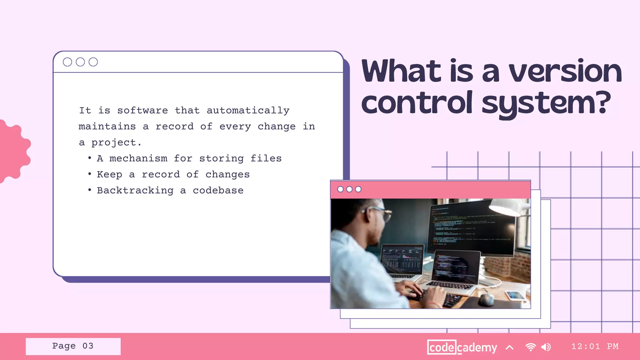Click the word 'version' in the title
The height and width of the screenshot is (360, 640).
565,72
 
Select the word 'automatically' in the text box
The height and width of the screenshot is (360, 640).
248,111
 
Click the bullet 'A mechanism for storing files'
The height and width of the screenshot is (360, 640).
189,158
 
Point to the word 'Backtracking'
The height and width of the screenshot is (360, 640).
135,190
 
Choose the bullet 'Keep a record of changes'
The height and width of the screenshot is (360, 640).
173,174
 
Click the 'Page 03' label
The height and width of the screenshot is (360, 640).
73,346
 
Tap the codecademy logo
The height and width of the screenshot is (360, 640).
462,347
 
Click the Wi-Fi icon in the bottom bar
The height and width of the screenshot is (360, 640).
530,347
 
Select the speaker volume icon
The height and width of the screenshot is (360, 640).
546,347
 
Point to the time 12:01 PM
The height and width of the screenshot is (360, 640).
595,347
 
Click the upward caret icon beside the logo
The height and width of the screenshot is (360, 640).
509,347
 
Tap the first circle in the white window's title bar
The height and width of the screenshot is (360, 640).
67,62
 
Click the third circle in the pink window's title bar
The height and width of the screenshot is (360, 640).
358,189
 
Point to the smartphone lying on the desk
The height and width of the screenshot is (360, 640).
515,295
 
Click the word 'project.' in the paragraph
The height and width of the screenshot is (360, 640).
116,143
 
